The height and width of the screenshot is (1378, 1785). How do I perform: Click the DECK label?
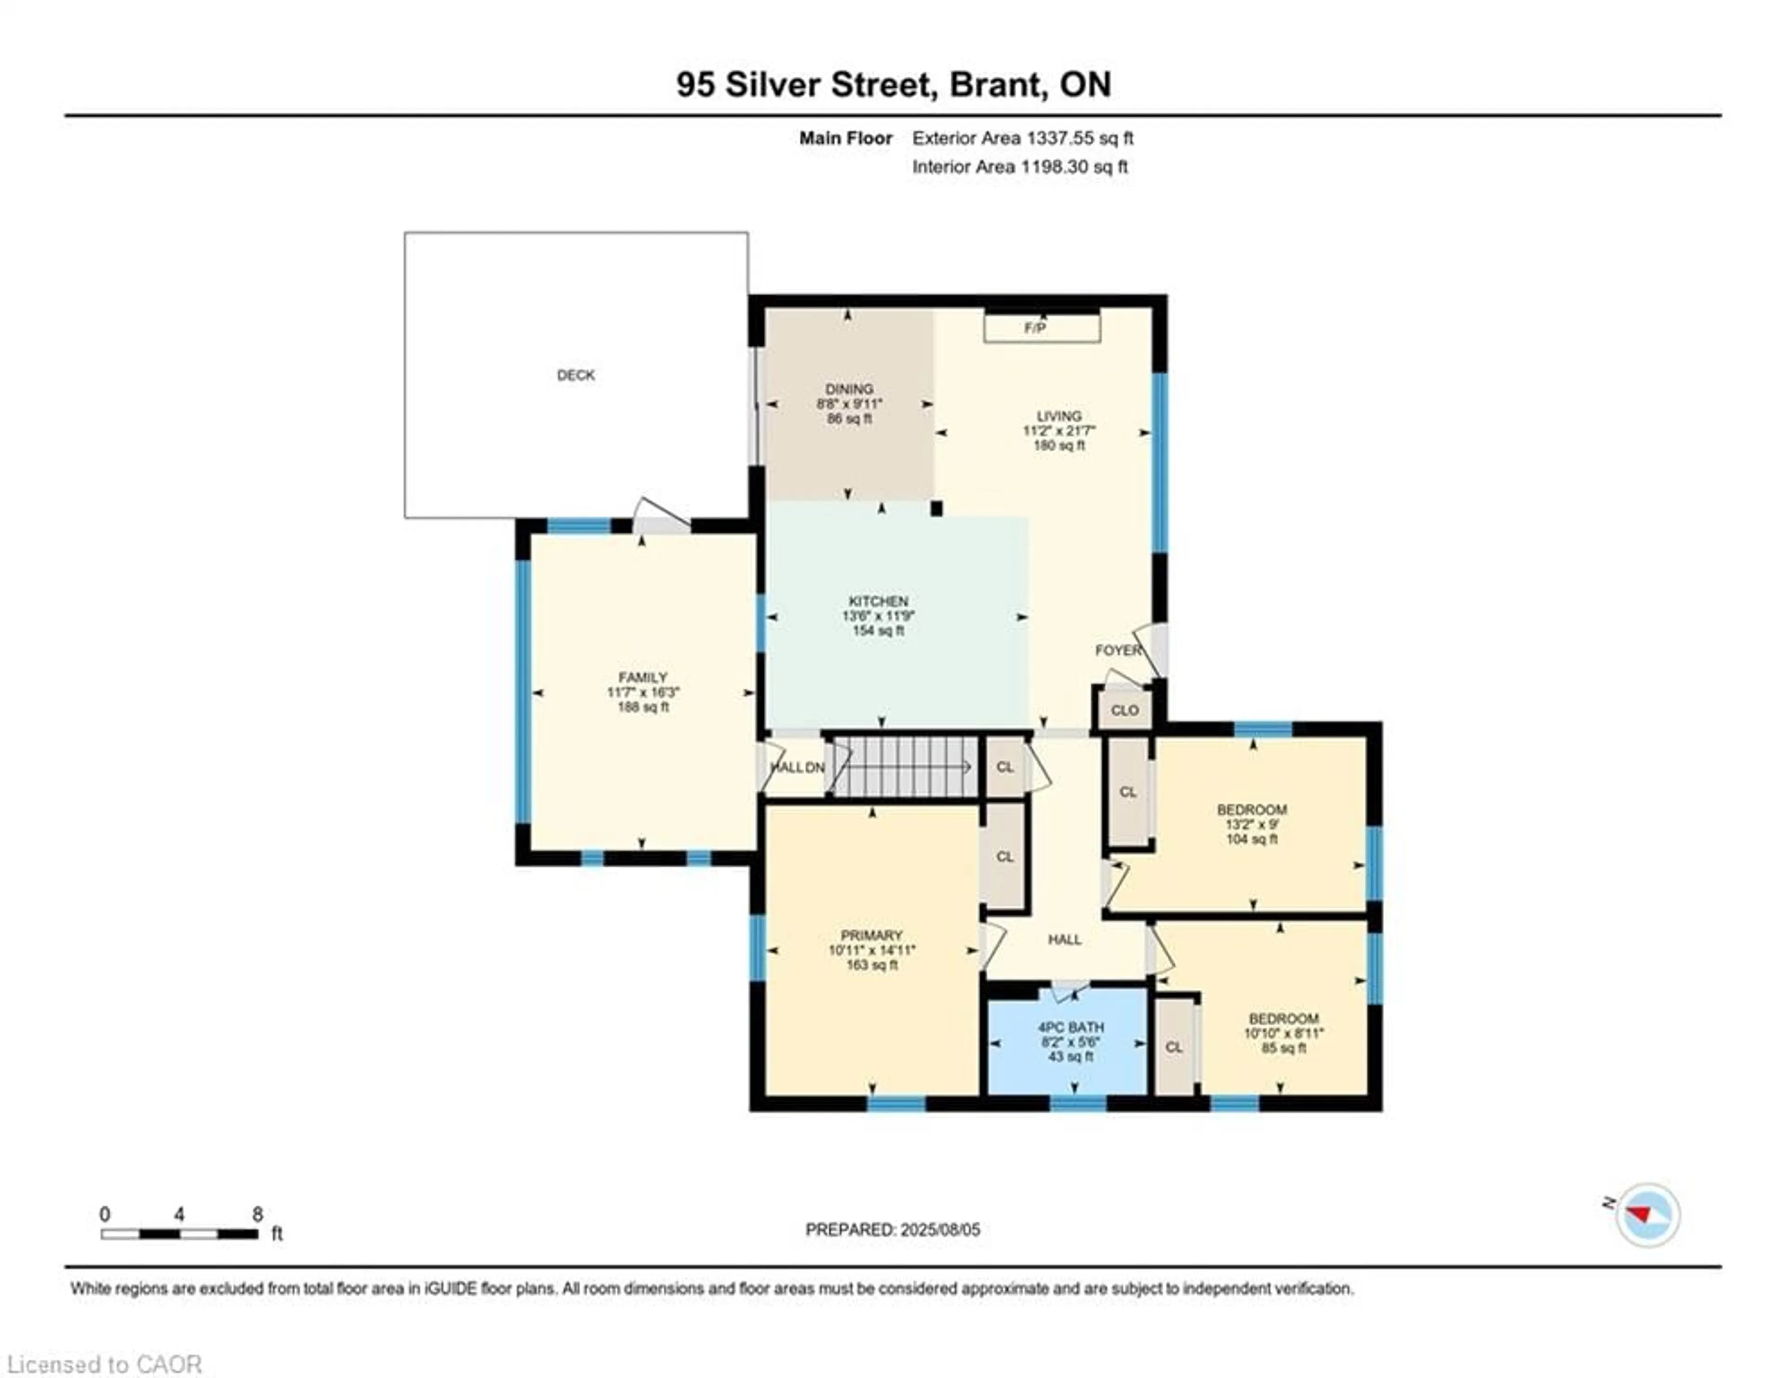(575, 375)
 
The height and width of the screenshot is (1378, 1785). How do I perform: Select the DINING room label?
(849, 389)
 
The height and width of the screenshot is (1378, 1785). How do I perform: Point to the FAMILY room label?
(642, 677)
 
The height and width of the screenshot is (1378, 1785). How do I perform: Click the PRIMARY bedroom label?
(871, 935)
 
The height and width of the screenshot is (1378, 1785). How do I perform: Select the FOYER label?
(1118, 650)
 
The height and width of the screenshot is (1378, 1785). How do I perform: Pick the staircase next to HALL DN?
(905, 767)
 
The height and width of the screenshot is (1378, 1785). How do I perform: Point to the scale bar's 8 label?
(258, 1214)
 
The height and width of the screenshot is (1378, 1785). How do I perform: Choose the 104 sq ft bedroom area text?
(1251, 839)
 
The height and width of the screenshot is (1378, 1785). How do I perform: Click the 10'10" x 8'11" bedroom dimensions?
(1283, 1033)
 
